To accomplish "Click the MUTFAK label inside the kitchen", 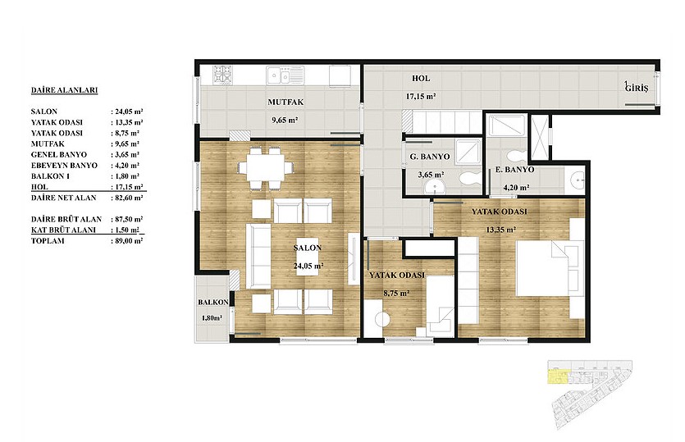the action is click(x=285, y=103).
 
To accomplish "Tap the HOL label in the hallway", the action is click(x=421, y=79).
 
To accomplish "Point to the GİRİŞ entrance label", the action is click(x=637, y=88).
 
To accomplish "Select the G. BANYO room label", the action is click(x=429, y=157).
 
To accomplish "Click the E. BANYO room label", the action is click(x=514, y=170).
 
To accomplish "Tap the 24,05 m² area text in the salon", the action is click(x=308, y=266).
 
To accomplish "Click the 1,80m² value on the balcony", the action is click(x=212, y=318).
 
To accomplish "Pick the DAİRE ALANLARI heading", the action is click(x=64, y=90).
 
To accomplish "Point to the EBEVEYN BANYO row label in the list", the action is click(x=64, y=166).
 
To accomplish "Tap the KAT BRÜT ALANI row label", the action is click(x=63, y=230).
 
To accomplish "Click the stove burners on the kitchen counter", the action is click(x=222, y=75).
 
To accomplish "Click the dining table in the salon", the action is click(x=265, y=168).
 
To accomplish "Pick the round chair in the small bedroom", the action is click(x=382, y=320).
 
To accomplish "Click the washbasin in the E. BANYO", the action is click(x=578, y=180).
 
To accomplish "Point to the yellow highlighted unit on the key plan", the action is click(x=558, y=376).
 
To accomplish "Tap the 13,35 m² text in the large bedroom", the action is click(x=500, y=230).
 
